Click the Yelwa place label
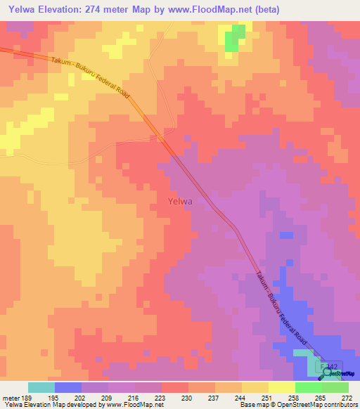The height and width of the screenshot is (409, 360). point(181,201)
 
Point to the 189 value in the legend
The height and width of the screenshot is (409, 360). point(27,398)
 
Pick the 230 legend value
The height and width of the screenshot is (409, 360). point(188,398)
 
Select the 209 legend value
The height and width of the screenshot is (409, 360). point(108,398)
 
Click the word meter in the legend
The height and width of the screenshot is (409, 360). point(11,398)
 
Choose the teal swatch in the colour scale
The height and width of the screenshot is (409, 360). point(41,387)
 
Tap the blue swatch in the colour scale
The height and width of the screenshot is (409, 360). point(68,387)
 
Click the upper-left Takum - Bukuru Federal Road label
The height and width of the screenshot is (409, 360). point(91,77)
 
